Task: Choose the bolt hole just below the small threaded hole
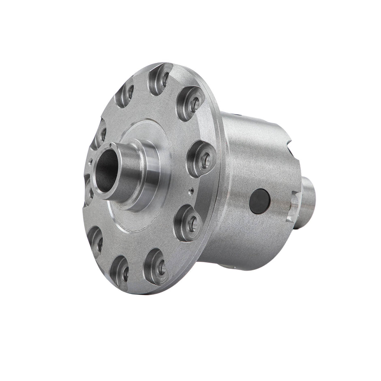pos(188,221)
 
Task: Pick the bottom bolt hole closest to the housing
pos(156,265)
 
